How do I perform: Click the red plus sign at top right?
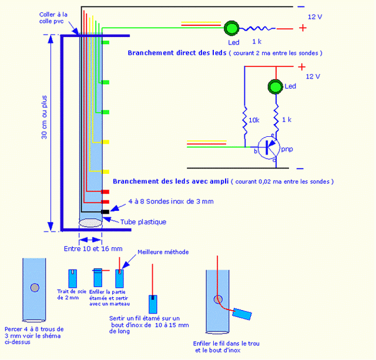point(303,27)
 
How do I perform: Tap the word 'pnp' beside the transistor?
point(287,149)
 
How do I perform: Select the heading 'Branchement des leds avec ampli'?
point(171,181)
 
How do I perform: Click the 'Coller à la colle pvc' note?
point(53,17)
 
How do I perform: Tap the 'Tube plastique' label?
point(143,221)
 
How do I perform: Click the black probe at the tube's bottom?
point(105,211)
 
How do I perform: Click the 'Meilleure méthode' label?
point(163,251)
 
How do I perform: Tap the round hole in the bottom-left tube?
point(36,287)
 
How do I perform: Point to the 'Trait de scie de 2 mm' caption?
point(71,294)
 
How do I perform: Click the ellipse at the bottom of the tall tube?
point(90,223)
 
